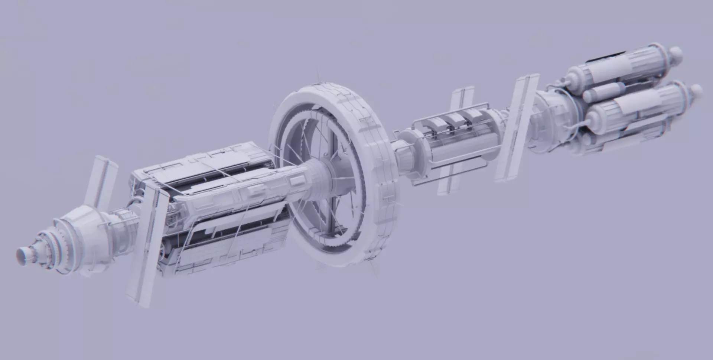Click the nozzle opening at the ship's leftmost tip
[x=21, y=256]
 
